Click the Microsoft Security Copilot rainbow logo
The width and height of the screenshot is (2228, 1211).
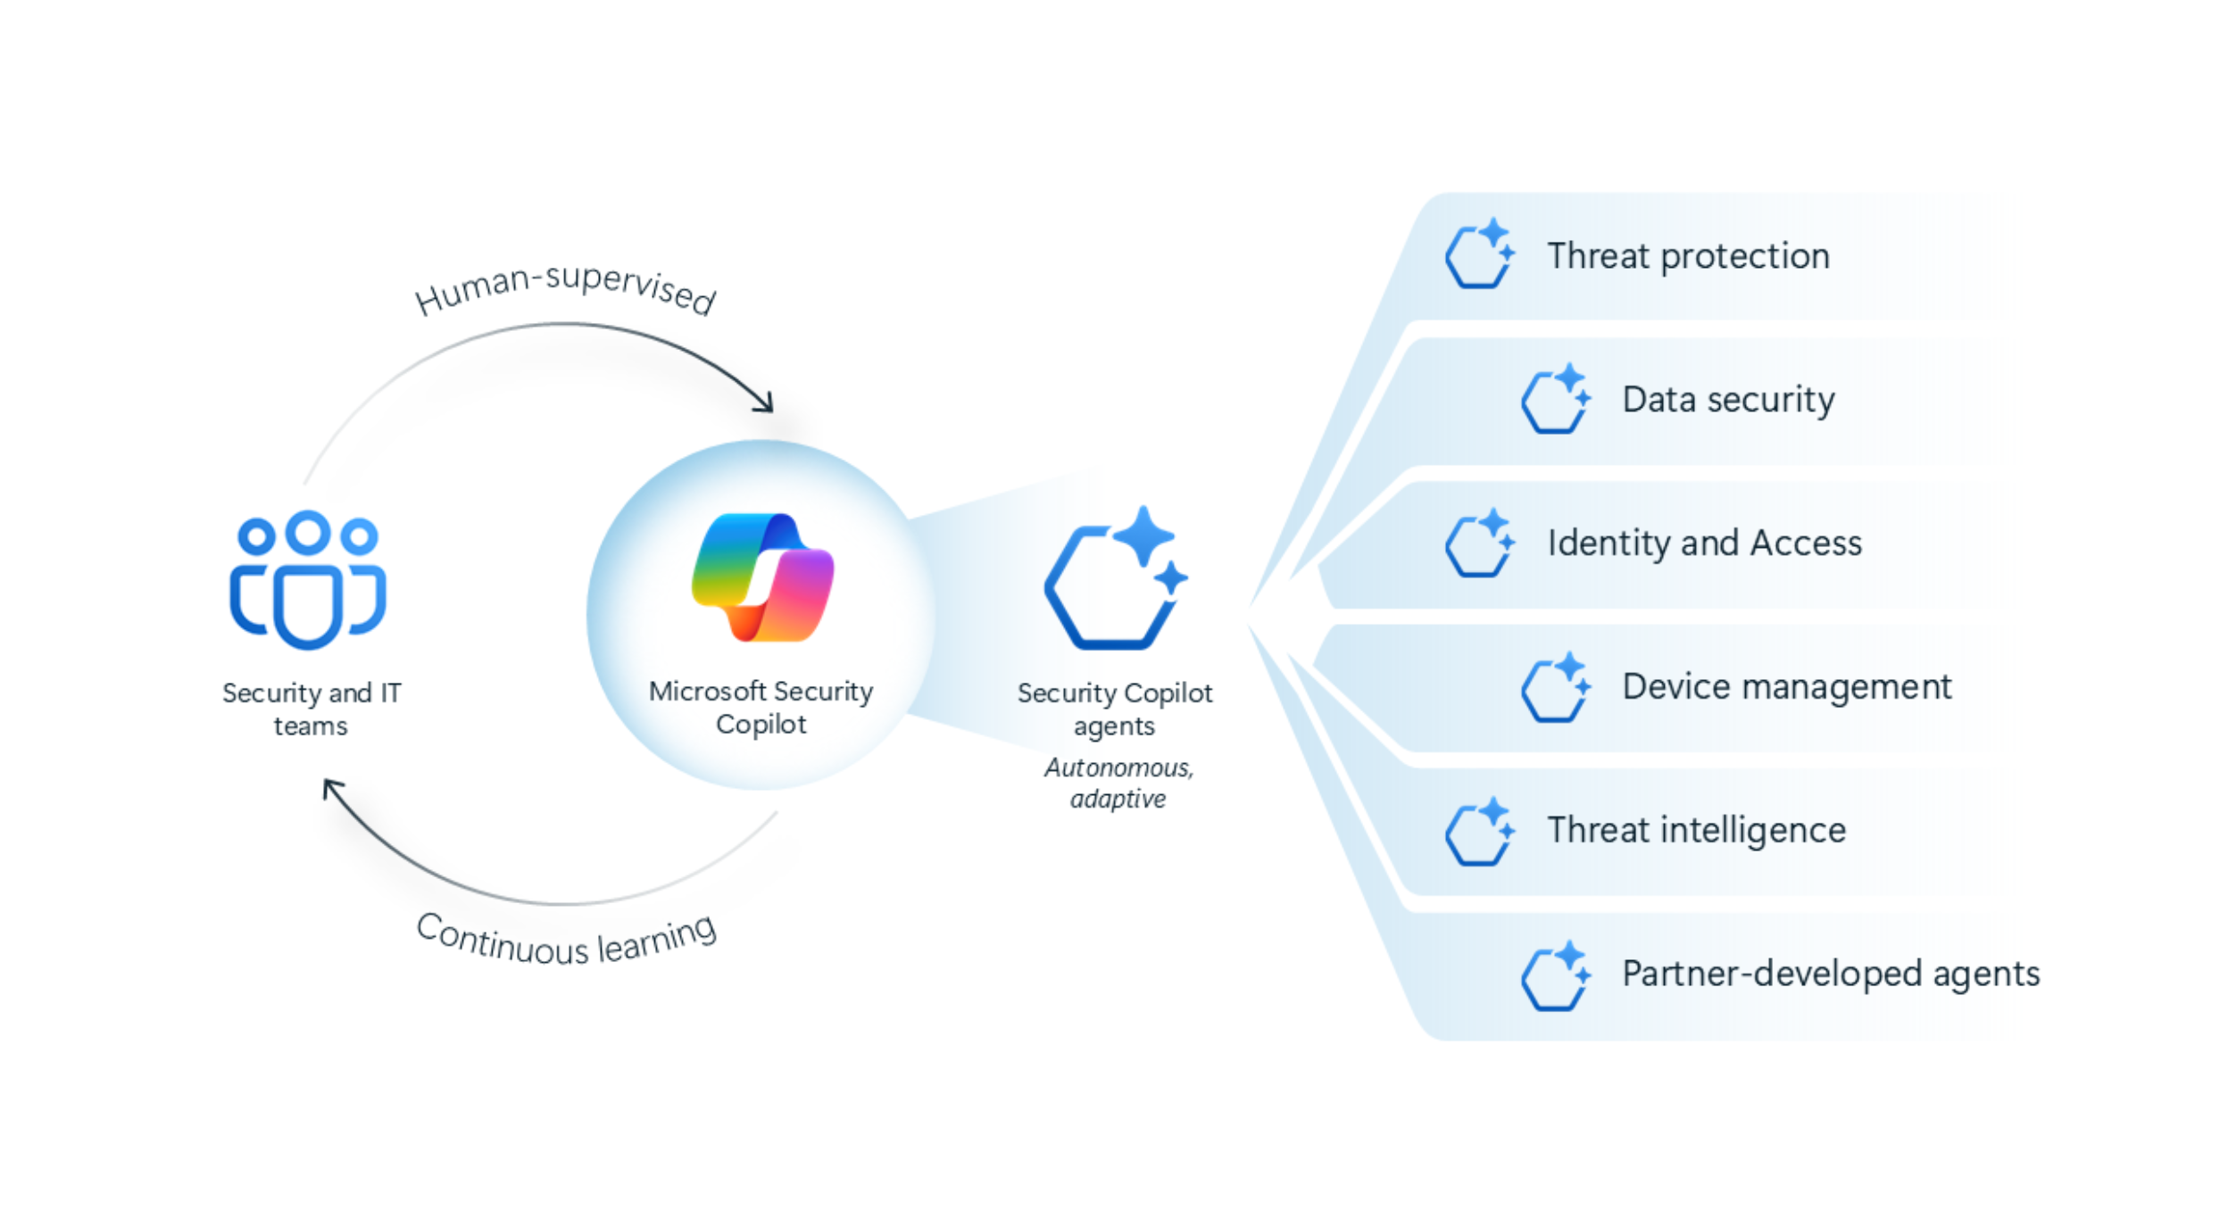pos(762,577)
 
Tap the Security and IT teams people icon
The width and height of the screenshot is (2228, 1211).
pos(308,579)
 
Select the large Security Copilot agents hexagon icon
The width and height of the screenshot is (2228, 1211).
pos(1116,577)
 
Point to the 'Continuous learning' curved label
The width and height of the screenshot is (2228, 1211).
pos(566,940)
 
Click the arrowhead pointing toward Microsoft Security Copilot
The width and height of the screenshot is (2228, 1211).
pos(763,402)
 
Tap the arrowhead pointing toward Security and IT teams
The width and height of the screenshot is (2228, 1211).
pos(333,790)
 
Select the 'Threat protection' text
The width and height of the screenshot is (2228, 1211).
pos(1688,256)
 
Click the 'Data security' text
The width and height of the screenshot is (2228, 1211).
pos(1728,400)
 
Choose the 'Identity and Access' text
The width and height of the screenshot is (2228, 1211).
pos(1704,543)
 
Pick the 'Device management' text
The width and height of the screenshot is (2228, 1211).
pos(1786,686)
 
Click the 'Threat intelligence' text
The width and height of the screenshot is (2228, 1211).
pos(1696,830)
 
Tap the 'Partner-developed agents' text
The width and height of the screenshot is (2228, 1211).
pos(1831,974)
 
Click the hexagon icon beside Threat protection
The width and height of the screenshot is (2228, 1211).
pos(1479,253)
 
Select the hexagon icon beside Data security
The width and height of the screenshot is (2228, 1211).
pos(1555,398)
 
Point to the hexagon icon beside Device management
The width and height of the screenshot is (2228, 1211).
pos(1555,686)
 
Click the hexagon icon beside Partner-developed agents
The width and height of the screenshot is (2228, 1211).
pos(1555,975)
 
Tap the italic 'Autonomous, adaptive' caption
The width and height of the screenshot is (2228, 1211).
pos(1118,783)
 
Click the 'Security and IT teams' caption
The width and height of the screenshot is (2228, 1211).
pos(312,709)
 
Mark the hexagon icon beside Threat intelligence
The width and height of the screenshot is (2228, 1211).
pos(1479,831)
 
